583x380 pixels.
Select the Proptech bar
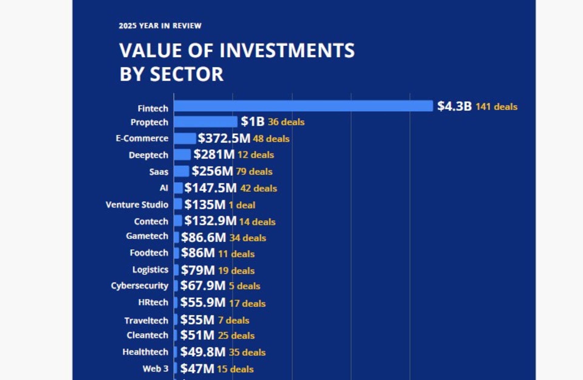205,122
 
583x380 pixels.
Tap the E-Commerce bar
185,139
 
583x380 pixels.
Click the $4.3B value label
454,106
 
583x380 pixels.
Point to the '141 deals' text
496,107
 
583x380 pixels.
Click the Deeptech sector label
148,155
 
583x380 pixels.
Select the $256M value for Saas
212,171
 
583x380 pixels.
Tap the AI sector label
164,188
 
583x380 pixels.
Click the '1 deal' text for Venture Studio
242,205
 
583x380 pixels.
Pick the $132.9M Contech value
210,221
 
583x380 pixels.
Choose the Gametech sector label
147,236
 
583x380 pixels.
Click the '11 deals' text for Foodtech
236,254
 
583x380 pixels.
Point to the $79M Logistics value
198,270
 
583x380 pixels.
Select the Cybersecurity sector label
139,286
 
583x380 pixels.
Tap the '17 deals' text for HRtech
247,303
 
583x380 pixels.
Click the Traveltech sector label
146,321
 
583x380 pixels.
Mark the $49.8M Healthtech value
203,352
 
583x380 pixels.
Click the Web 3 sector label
155,368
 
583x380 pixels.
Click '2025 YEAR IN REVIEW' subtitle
160,26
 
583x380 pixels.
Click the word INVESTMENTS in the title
287,50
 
